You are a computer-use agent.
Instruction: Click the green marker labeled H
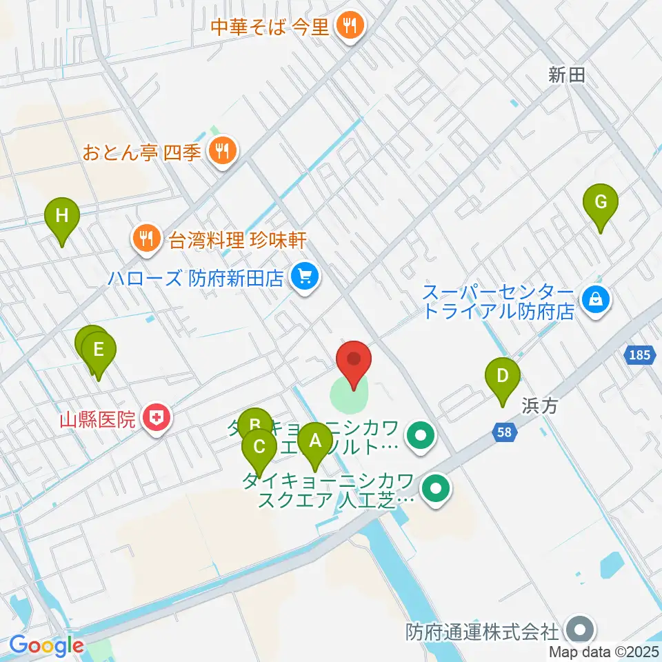tap(62, 217)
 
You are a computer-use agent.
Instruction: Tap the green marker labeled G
tap(601, 203)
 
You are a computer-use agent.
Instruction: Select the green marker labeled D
tap(503, 377)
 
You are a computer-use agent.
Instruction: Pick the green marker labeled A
tap(315, 441)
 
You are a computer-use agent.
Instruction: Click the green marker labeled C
tap(259, 447)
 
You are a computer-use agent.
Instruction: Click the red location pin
tap(354, 360)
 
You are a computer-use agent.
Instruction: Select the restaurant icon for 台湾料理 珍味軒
tap(145, 239)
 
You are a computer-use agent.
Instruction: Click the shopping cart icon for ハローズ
tap(304, 278)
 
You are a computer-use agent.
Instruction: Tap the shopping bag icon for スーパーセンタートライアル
tap(593, 299)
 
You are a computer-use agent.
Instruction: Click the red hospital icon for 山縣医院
tap(157, 418)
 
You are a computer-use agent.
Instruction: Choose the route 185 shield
tap(639, 356)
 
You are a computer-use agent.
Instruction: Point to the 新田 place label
tap(567, 76)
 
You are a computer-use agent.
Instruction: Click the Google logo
tap(46, 646)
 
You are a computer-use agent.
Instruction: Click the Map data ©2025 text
tap(604, 652)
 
